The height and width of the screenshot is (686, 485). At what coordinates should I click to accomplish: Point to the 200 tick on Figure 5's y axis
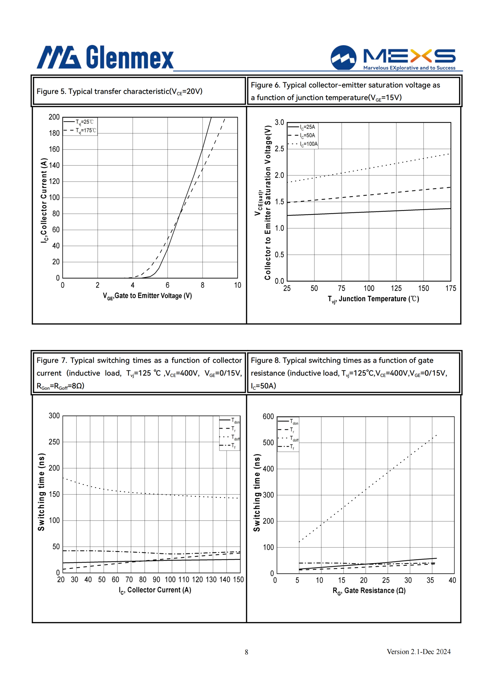tap(54, 117)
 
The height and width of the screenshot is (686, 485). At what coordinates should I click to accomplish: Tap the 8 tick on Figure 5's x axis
tap(202, 285)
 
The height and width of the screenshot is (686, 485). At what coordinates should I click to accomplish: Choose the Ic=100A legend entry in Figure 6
tap(303, 144)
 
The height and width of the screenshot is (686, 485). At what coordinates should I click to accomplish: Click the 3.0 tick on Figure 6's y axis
tap(279, 122)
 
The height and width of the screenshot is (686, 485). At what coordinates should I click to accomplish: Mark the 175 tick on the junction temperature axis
tap(451, 288)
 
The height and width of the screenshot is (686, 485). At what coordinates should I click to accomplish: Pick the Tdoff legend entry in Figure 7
tap(229, 437)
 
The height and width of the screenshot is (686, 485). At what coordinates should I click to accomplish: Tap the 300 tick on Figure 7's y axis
tap(54, 416)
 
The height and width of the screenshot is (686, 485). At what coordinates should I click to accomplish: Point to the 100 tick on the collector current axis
tap(170, 580)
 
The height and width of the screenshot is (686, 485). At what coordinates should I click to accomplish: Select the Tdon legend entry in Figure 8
tap(288, 421)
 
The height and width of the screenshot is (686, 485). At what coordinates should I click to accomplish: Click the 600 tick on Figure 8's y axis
tap(268, 417)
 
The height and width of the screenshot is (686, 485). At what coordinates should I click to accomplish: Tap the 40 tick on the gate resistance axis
tap(452, 580)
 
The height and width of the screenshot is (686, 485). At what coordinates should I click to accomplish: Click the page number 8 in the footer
tap(246, 652)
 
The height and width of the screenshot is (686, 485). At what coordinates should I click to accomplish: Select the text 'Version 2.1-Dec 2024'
tap(419, 652)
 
